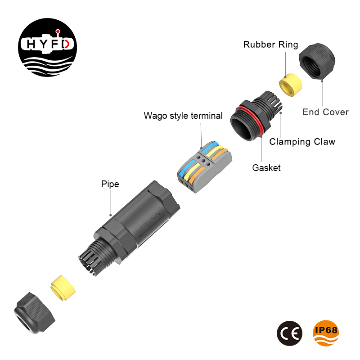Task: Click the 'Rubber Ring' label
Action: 270,45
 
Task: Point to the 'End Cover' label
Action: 325,112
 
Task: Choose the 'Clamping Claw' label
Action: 302,142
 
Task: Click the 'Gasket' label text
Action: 266,168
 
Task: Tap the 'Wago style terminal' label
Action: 183,116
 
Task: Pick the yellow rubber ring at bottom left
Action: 62,288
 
